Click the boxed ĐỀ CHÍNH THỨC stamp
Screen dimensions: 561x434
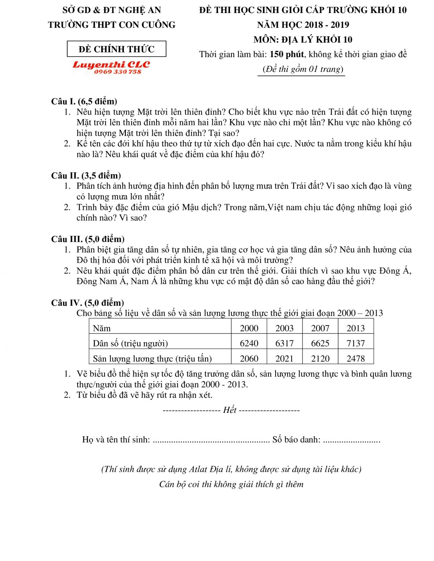[116, 49]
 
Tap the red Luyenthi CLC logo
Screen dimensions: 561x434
[111, 65]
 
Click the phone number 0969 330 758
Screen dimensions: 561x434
[118, 72]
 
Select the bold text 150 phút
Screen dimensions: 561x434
[287, 54]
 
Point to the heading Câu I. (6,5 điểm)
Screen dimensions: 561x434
[84, 101]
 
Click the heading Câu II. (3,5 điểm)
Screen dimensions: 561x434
[86, 176]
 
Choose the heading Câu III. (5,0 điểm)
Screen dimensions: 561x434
[88, 239]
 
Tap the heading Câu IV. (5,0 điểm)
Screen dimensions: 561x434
[88, 303]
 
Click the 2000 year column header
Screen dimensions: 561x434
[249, 328]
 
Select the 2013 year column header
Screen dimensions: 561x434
[356, 328]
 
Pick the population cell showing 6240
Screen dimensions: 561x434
[249, 343]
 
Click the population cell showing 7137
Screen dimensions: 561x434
[356, 343]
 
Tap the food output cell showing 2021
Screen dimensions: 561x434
[284, 358]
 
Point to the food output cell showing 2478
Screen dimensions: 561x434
[356, 358]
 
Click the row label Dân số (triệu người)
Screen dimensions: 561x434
[130, 343]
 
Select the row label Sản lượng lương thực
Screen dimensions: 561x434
[152, 358]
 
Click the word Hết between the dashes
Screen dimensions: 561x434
[230, 410]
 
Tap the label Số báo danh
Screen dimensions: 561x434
[296, 440]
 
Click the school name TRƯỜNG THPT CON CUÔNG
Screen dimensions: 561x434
[112, 25]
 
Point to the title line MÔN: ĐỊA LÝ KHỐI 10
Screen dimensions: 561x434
[303, 39]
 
